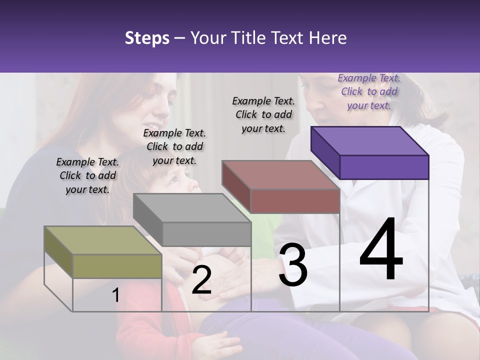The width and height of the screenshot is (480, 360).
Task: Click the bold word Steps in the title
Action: pyautogui.click(x=146, y=38)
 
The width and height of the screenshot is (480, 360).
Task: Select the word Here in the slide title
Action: pyautogui.click(x=327, y=38)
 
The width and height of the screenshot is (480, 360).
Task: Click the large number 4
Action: pyautogui.click(x=381, y=249)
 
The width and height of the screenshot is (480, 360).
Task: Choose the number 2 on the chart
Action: pyautogui.click(x=201, y=280)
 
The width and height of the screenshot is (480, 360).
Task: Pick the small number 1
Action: pyautogui.click(x=115, y=295)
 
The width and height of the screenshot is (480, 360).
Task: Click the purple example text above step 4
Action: pyautogui.click(x=369, y=91)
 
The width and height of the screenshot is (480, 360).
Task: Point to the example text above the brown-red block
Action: pyautogui.click(x=263, y=114)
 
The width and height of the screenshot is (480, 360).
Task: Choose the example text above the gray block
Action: pyautogui.click(x=174, y=146)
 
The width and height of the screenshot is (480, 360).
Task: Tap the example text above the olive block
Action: pyautogui.click(x=87, y=175)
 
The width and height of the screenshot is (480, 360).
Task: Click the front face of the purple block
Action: pyautogui.click(x=384, y=167)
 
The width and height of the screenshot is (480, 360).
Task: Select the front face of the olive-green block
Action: pyautogui.click(x=117, y=266)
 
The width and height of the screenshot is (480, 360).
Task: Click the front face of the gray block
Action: pyautogui.click(x=206, y=234)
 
